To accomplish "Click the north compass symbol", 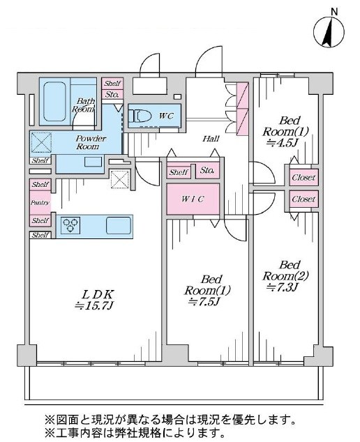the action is click(x=329, y=31).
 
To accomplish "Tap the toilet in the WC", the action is click(x=139, y=116).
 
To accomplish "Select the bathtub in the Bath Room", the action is click(x=54, y=102).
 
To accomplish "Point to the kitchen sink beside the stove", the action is click(x=119, y=225).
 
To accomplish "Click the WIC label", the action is click(x=193, y=199).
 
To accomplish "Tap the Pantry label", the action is click(x=40, y=203).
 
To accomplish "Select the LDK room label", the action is click(x=98, y=295).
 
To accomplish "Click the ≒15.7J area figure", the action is click(x=94, y=305).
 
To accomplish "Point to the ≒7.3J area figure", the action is click(x=283, y=287).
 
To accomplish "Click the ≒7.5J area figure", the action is click(x=204, y=302).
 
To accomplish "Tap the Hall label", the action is click(x=211, y=139).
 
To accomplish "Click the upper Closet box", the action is click(x=304, y=177).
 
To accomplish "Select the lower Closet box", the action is click(x=304, y=199).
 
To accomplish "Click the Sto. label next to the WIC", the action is click(x=207, y=170).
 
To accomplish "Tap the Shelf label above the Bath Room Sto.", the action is click(x=112, y=83).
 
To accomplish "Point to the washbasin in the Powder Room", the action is click(x=93, y=162).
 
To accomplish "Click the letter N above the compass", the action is click(x=334, y=12).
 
